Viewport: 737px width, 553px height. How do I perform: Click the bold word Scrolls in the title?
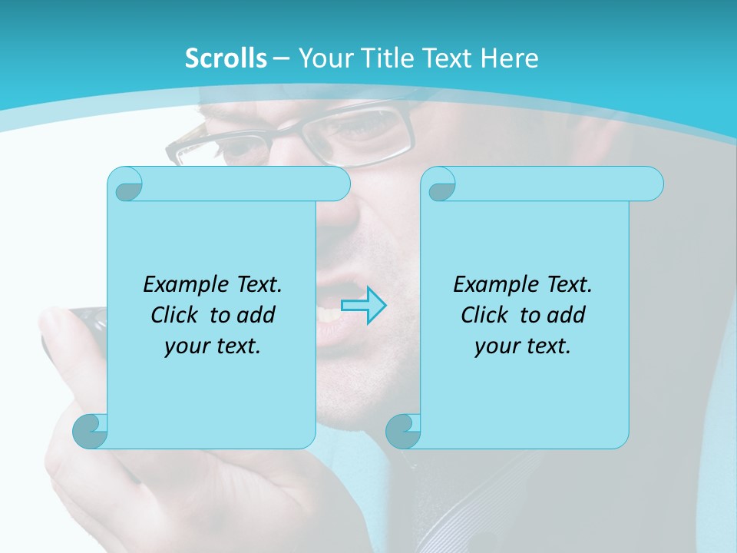click(x=226, y=58)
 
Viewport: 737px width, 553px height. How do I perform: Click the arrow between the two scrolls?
click(x=363, y=306)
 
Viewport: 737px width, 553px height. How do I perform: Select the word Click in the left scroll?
click(x=174, y=315)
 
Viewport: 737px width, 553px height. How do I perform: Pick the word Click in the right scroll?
click(x=484, y=315)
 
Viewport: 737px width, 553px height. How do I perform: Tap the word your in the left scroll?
click(x=186, y=346)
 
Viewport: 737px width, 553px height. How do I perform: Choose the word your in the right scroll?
click(x=496, y=346)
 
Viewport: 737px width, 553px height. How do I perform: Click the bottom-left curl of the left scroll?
click(x=90, y=431)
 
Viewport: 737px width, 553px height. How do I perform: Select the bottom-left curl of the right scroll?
click(x=403, y=431)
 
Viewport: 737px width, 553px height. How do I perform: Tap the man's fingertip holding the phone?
click(x=58, y=323)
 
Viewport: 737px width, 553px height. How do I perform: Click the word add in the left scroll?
click(x=257, y=315)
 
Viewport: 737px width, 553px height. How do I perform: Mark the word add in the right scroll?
click(x=567, y=315)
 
